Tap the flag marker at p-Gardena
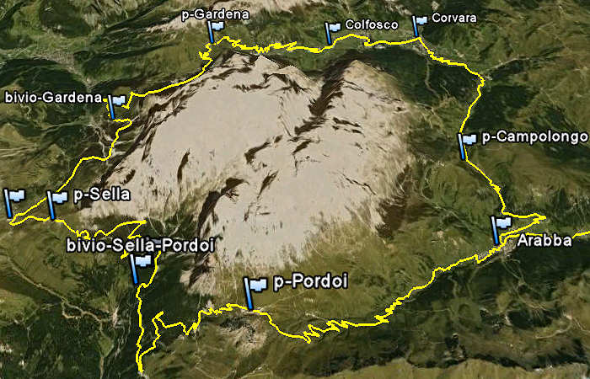[216, 29]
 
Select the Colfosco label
[371, 25]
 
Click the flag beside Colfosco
[333, 31]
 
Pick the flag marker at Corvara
[419, 24]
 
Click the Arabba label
[539, 241]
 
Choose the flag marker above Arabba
[501, 227]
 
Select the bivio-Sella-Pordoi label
[140, 244]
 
